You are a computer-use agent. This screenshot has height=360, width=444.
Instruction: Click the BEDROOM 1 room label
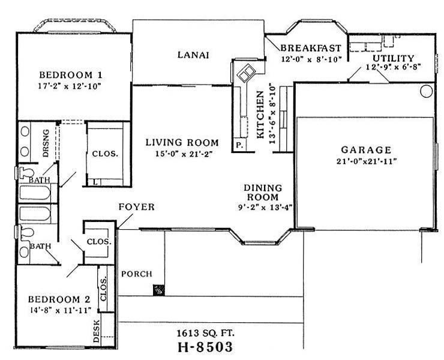click(70, 75)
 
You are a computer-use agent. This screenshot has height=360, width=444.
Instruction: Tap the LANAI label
click(193, 55)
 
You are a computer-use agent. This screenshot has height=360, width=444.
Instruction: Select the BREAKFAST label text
click(311, 48)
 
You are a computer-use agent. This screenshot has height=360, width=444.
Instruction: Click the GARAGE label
click(365, 149)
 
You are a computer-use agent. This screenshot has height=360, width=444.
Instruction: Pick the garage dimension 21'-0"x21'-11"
click(365, 161)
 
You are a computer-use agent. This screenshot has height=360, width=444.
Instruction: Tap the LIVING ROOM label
click(182, 143)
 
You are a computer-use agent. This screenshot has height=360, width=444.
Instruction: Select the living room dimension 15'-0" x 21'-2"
click(182, 154)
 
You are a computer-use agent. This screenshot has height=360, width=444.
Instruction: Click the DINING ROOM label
click(261, 192)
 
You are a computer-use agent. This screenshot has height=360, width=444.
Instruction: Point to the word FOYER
click(136, 207)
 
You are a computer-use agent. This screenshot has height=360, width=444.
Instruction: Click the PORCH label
click(136, 274)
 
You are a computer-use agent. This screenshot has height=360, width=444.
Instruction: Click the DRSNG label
click(47, 143)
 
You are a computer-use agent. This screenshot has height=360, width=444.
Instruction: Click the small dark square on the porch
click(159, 290)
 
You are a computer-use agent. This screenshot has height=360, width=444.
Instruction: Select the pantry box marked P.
click(239, 146)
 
